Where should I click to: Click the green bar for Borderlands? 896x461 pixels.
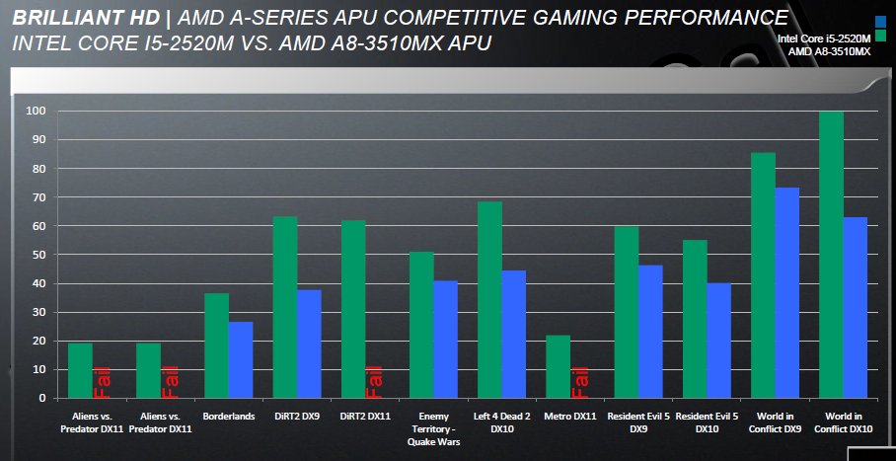216,346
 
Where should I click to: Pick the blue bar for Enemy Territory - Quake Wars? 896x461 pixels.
446,340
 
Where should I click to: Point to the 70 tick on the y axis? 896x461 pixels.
36,197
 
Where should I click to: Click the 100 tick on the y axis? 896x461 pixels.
34,112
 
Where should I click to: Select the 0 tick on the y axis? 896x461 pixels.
40,398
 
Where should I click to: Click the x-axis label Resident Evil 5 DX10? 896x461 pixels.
706,423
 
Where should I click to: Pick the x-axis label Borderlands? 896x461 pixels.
227,417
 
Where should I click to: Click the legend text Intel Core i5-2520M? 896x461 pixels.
823,38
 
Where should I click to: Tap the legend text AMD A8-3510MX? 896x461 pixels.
829,51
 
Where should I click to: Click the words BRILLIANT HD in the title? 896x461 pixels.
78,18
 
